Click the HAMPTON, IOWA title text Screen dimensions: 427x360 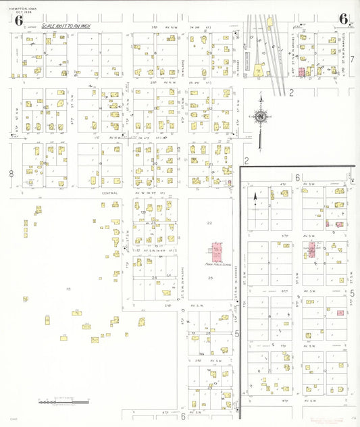pos(19,6)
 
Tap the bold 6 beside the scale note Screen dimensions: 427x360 pos(18,20)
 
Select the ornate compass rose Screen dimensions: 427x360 pos(261,117)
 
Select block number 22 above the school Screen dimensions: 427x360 pos(210,223)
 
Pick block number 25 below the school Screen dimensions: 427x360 pos(210,278)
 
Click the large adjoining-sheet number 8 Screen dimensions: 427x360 pos(11,174)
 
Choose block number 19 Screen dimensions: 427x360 pos(100,164)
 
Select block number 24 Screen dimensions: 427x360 pos(154,278)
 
